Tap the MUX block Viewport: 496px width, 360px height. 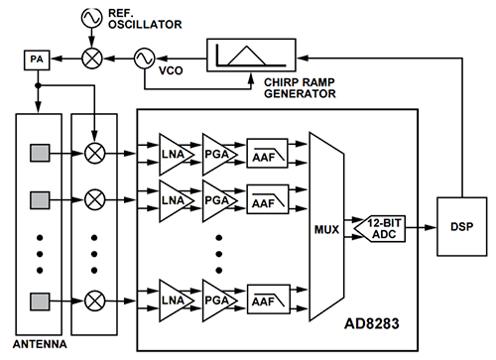point(323,225)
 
